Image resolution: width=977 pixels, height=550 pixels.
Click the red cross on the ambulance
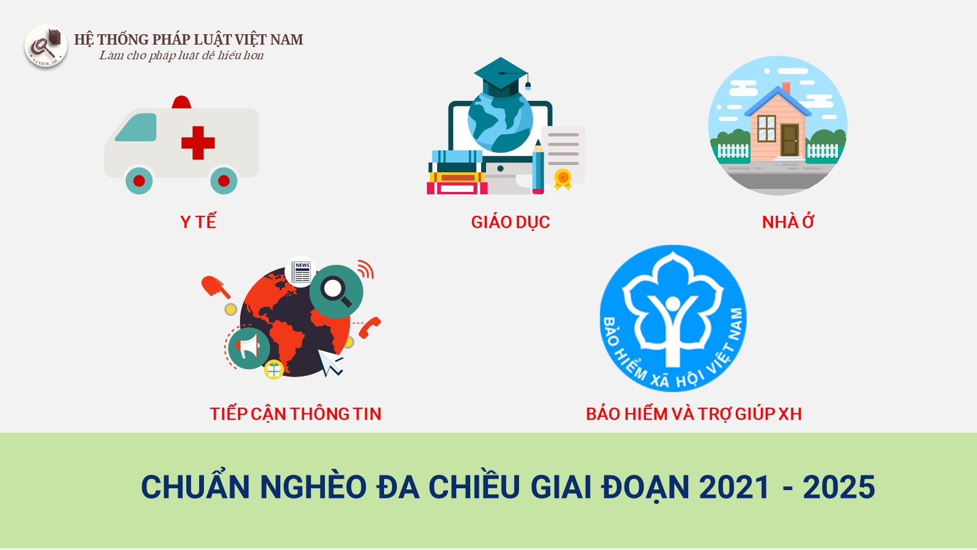pyautogui.click(x=198, y=143)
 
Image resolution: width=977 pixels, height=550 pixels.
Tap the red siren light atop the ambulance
pyautogui.click(x=181, y=102)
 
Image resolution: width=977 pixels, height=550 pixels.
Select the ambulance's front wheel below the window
pyautogui.click(x=139, y=180)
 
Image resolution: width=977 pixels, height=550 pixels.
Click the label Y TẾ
pyautogui.click(x=198, y=222)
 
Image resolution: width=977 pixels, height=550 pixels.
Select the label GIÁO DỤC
pyautogui.click(x=510, y=222)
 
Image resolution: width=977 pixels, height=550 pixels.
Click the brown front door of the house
pyautogui.click(x=790, y=140)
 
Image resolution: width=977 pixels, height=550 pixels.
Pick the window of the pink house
pyautogui.click(x=766, y=128)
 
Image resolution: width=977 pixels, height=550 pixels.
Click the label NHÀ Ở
pyautogui.click(x=788, y=222)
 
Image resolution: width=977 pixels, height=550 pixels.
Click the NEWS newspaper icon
pyautogui.click(x=300, y=271)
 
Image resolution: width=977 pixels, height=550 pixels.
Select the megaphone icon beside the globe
pyautogui.click(x=249, y=348)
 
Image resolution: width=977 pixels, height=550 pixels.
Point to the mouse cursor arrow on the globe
pyautogui.click(x=330, y=362)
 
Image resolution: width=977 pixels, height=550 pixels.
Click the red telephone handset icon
pyautogui.click(x=369, y=327)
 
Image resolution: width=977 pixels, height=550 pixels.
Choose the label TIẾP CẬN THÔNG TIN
pyautogui.click(x=296, y=414)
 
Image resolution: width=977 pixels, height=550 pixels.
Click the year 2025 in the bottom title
pyautogui.click(x=839, y=486)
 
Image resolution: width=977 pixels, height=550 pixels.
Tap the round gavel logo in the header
pyautogui.click(x=46, y=46)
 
